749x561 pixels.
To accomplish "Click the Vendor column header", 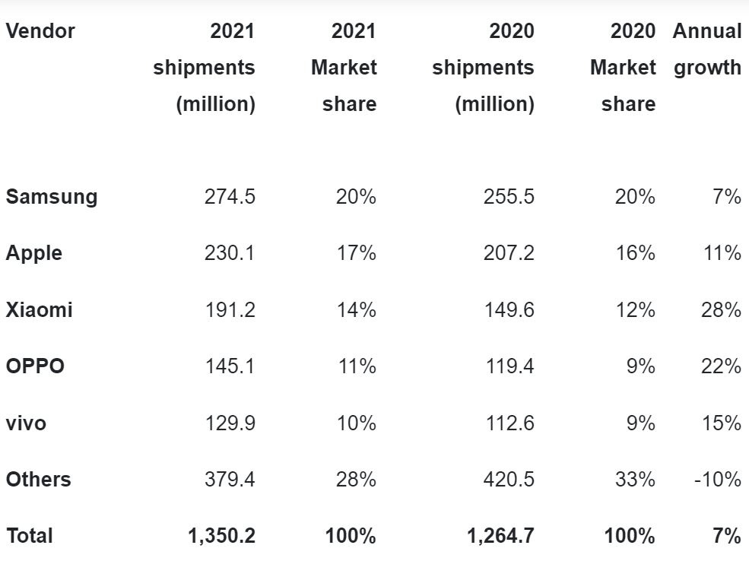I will [x=40, y=31].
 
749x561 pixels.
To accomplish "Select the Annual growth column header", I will [x=707, y=49].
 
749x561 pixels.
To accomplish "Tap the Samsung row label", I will [x=52, y=197].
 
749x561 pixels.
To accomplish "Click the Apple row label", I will [x=34, y=253].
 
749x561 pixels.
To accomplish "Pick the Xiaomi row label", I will [x=40, y=310].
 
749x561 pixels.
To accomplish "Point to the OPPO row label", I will [x=35, y=366].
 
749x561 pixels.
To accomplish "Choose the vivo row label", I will [x=26, y=423].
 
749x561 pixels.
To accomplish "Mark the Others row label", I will [x=38, y=480].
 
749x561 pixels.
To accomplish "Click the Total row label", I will [x=30, y=536].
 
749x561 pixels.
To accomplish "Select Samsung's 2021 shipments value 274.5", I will [x=230, y=197].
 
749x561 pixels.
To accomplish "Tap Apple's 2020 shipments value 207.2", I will [x=509, y=253].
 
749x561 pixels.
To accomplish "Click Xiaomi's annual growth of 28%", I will [x=722, y=310].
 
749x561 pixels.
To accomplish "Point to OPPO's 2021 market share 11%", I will [x=357, y=366].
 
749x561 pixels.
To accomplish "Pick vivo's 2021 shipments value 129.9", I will [x=230, y=423].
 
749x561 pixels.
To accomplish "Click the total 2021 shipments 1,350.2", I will [x=221, y=536].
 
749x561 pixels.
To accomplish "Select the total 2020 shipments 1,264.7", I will [x=500, y=536].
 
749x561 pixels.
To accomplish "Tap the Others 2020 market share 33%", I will [x=635, y=480].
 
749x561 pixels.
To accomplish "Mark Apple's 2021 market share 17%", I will [x=357, y=253].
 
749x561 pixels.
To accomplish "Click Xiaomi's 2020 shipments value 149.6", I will [x=509, y=310].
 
